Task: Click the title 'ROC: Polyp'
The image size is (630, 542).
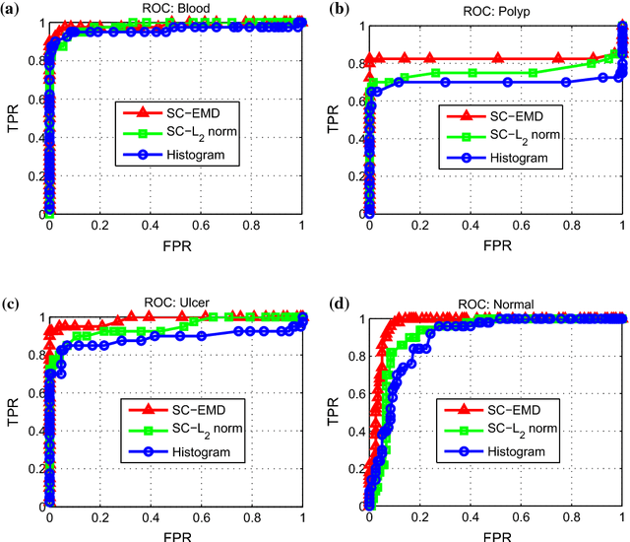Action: tap(494, 12)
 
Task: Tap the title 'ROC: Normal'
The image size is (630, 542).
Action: tap(494, 305)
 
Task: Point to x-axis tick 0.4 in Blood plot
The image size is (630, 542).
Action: tap(150, 227)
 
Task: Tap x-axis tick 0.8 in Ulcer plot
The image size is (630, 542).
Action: tap(251, 518)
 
